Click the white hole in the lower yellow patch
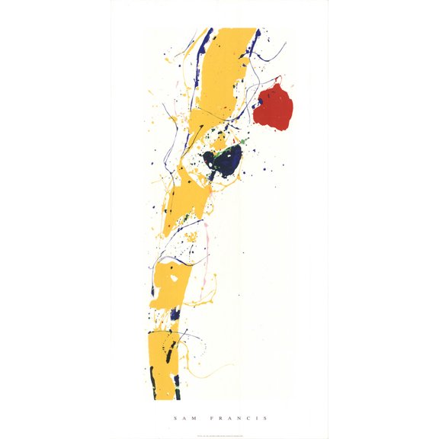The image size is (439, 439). pos(175,279)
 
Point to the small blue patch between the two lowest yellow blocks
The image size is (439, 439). pos(175,313)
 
